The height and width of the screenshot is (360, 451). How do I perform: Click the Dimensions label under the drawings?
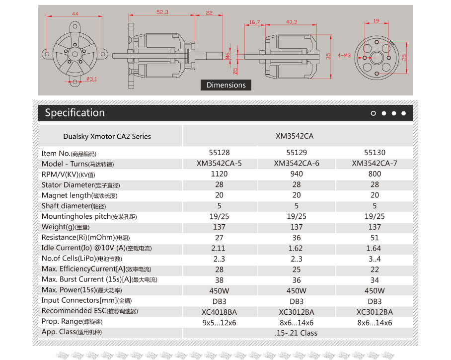pos(226,85)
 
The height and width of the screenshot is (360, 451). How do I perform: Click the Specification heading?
pos(75,113)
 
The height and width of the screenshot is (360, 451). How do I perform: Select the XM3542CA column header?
pos(298,136)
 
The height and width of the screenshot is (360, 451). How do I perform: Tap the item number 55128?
pos(220,153)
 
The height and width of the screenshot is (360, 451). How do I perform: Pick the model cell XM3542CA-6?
pos(297,164)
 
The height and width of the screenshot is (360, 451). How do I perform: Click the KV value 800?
pos(375,174)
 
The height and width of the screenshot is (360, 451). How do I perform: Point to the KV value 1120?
pos(220,174)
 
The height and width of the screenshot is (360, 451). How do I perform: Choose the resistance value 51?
pos(375,238)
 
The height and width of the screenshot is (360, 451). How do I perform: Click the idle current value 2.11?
pos(219,248)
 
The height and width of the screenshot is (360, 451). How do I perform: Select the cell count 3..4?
pos(375,259)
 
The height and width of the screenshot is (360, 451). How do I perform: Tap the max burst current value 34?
pos(375,280)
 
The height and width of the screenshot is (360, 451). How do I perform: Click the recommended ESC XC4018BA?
pos(220,312)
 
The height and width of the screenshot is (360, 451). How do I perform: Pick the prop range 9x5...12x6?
pos(220,323)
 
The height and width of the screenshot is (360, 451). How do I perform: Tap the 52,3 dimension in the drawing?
pos(162,11)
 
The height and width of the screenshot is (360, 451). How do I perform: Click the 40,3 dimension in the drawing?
pos(292,22)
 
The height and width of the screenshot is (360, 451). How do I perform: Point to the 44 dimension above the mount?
pos(75,14)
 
